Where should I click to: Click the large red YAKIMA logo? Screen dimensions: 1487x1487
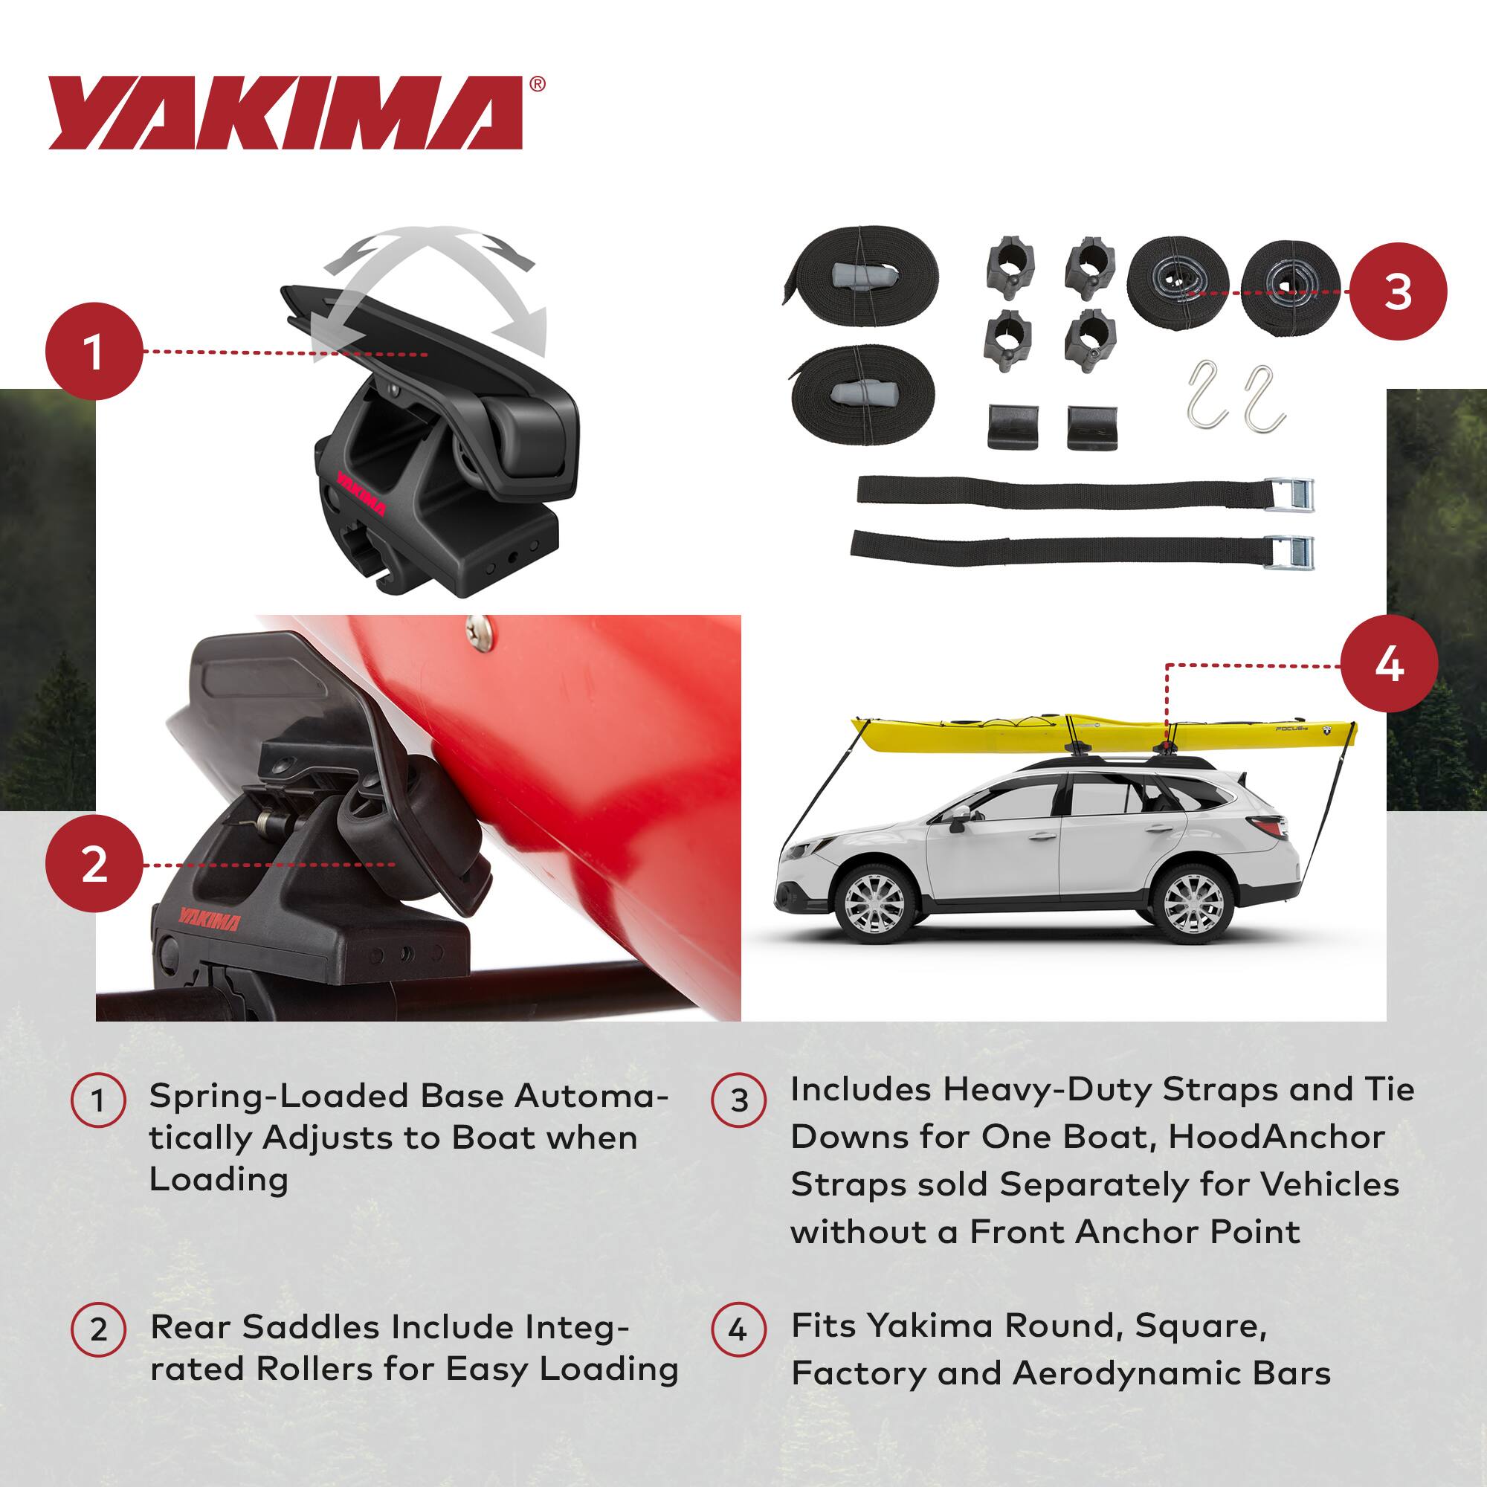[x=285, y=112]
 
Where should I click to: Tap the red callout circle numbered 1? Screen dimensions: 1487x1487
[x=94, y=351]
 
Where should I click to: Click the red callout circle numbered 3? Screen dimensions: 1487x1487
[x=1398, y=291]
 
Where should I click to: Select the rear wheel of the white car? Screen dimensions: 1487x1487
[x=1193, y=903]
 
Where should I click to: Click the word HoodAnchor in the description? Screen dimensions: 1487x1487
[x=1277, y=1136]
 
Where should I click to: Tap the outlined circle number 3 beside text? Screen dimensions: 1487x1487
[x=739, y=1100]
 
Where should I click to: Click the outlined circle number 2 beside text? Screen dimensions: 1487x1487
[x=99, y=1329]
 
